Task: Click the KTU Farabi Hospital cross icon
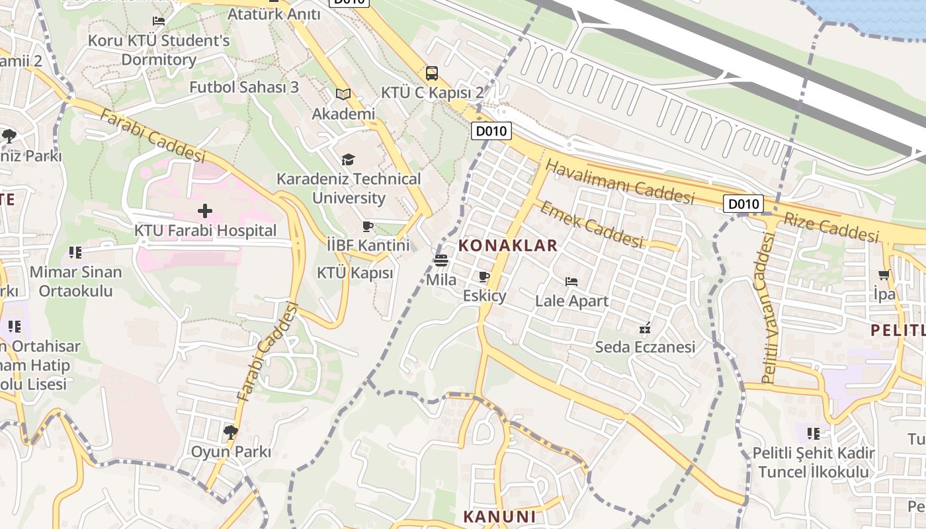click(205, 211)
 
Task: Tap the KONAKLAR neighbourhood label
click(508, 246)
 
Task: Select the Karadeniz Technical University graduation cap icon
click(348, 159)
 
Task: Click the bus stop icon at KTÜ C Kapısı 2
click(432, 73)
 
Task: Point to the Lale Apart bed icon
click(571, 282)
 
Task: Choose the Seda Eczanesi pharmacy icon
click(645, 327)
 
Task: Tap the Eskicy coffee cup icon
click(484, 276)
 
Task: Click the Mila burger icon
click(441, 261)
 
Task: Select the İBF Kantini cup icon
click(368, 226)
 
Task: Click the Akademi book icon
click(343, 95)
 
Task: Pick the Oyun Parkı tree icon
click(231, 432)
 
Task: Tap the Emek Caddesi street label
click(591, 224)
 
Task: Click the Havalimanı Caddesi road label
click(620, 182)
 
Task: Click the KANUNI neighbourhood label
click(499, 516)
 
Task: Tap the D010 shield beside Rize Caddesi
click(743, 204)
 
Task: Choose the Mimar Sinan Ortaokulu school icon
click(75, 253)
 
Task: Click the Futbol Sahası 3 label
click(244, 87)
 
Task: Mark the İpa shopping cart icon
click(884, 275)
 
